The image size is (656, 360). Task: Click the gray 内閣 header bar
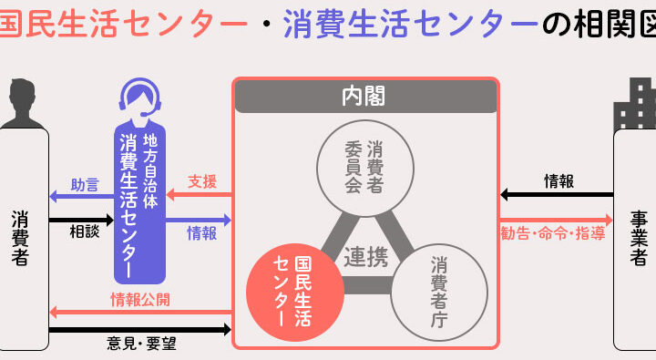click(x=365, y=96)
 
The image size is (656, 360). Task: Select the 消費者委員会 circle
click(x=365, y=169)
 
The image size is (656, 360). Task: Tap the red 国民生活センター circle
click(x=295, y=293)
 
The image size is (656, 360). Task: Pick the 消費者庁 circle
click(x=439, y=293)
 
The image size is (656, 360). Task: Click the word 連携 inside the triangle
click(x=366, y=257)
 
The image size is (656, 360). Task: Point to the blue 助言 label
click(x=85, y=185)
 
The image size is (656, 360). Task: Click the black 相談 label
click(x=85, y=231)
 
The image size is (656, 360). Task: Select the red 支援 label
click(x=202, y=181)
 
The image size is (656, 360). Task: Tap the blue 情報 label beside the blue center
click(x=202, y=233)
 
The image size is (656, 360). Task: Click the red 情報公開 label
click(x=140, y=300)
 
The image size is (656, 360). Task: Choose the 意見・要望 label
click(x=141, y=344)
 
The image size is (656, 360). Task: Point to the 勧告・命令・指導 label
click(x=553, y=233)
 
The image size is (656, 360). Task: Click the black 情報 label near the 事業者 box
click(x=559, y=181)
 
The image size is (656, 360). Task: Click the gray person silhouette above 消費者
click(x=22, y=103)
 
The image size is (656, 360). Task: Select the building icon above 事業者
click(x=635, y=103)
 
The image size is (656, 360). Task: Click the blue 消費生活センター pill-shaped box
click(x=140, y=203)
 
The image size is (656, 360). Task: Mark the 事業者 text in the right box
click(x=639, y=239)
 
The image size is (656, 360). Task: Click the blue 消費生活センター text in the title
click(x=410, y=24)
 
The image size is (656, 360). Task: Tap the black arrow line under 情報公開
click(x=140, y=329)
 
